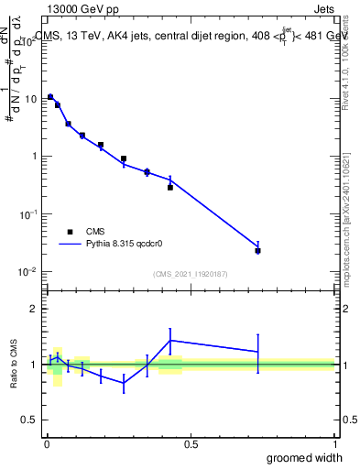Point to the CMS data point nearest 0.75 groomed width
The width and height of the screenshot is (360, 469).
coord(258,250)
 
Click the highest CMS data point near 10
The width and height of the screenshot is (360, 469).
coord(50,97)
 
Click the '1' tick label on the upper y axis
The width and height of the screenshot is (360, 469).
coord(34,156)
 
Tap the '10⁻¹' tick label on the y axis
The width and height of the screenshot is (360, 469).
coord(28,213)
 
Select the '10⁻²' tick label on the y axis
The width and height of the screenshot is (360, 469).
coord(28,271)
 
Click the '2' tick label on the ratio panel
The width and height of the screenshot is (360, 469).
coord(34,309)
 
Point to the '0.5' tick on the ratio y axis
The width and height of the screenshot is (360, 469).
coord(29,420)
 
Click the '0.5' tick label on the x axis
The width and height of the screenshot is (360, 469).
coord(191,444)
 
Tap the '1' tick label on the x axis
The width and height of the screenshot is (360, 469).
coord(334,444)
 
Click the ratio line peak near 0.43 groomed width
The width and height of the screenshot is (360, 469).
coord(170,340)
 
